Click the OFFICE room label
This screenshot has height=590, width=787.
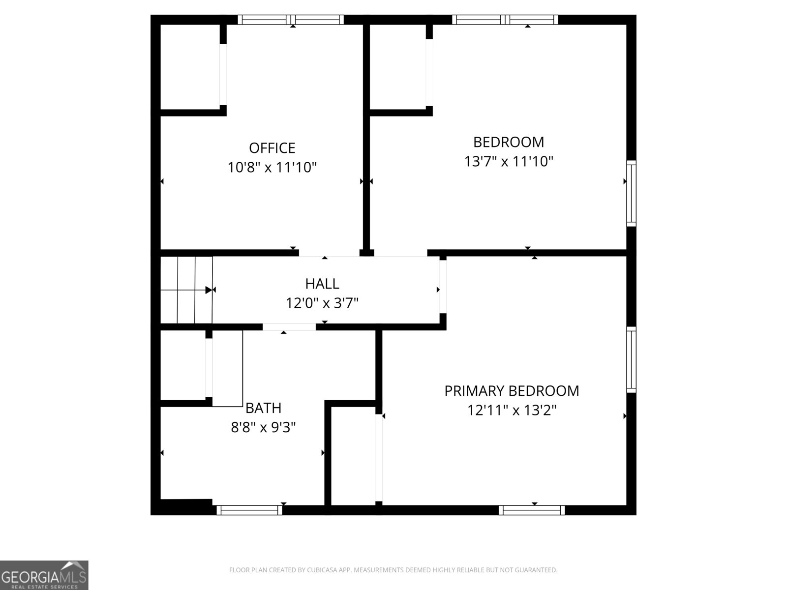(x=272, y=148)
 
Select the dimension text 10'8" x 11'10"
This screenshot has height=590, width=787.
(x=272, y=168)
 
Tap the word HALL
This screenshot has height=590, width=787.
(x=322, y=284)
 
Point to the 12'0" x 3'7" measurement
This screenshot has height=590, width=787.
(x=322, y=303)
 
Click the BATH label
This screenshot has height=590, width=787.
(x=263, y=408)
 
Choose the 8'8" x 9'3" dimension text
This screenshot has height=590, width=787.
(x=263, y=427)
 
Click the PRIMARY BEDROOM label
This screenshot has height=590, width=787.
(x=512, y=391)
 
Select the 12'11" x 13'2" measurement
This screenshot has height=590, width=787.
(x=512, y=410)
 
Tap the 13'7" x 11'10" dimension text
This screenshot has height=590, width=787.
(x=509, y=161)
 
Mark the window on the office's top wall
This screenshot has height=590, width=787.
(x=291, y=20)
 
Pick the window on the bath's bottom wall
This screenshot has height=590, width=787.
(x=249, y=510)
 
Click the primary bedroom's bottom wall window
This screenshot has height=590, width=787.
(x=532, y=510)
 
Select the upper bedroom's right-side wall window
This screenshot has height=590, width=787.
(x=631, y=193)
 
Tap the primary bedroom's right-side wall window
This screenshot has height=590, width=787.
(x=631, y=360)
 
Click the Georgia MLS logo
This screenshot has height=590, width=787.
(x=44, y=575)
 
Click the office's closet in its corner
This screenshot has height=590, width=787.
(x=190, y=66)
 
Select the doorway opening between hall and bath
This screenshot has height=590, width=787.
(x=289, y=327)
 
